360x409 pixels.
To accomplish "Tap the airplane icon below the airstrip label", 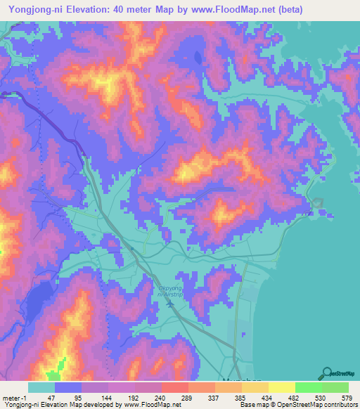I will coord(158,303).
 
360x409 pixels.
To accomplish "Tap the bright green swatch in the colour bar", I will coord(308,387).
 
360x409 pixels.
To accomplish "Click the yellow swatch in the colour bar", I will coord(281,387).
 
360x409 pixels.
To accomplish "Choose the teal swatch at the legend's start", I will coord(41,387).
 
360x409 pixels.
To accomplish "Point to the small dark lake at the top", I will coord(196,58).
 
